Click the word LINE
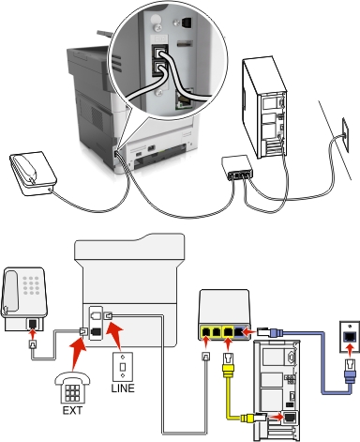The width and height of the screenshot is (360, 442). click(x=123, y=389)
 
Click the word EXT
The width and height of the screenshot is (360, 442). click(x=72, y=410)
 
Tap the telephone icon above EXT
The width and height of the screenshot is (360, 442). click(x=72, y=388)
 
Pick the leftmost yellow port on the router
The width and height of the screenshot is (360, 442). click(x=206, y=331)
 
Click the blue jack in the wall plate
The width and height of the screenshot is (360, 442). click(x=349, y=336)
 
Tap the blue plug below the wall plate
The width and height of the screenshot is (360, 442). click(x=350, y=371)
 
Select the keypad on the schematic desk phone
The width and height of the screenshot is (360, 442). click(x=31, y=285)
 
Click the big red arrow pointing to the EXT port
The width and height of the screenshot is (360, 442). click(x=77, y=353)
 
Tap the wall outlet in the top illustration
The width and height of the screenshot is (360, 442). click(x=346, y=130)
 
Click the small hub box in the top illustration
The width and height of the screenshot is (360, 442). click(x=237, y=166)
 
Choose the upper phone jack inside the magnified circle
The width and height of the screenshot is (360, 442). click(x=160, y=52)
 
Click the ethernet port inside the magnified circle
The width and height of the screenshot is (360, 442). click(x=184, y=100)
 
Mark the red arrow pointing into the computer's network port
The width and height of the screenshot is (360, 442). click(x=275, y=417)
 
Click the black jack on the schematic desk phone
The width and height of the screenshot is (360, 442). click(x=32, y=324)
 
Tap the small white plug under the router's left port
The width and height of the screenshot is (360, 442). click(x=206, y=357)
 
